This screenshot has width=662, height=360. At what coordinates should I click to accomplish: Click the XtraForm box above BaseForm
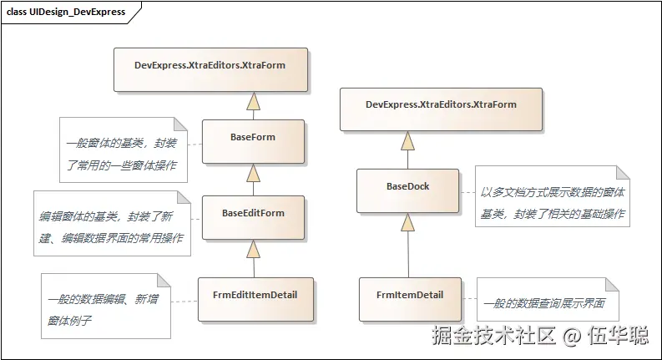pyautogui.click(x=210, y=69)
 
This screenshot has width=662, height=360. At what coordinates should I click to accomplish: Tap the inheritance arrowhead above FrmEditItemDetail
pyautogui.click(x=253, y=251)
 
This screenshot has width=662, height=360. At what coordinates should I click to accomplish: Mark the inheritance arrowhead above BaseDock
pyautogui.click(x=407, y=141)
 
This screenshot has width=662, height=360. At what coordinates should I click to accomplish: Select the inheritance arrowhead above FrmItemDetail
pyautogui.click(x=407, y=223)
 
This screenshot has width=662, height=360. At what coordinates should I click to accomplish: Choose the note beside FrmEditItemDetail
pyautogui.click(x=104, y=307)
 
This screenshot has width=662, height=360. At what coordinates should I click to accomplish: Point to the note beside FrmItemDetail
pyautogui.click(x=547, y=301)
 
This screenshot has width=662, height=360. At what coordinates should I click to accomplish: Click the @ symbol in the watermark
pyautogui.click(x=571, y=337)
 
